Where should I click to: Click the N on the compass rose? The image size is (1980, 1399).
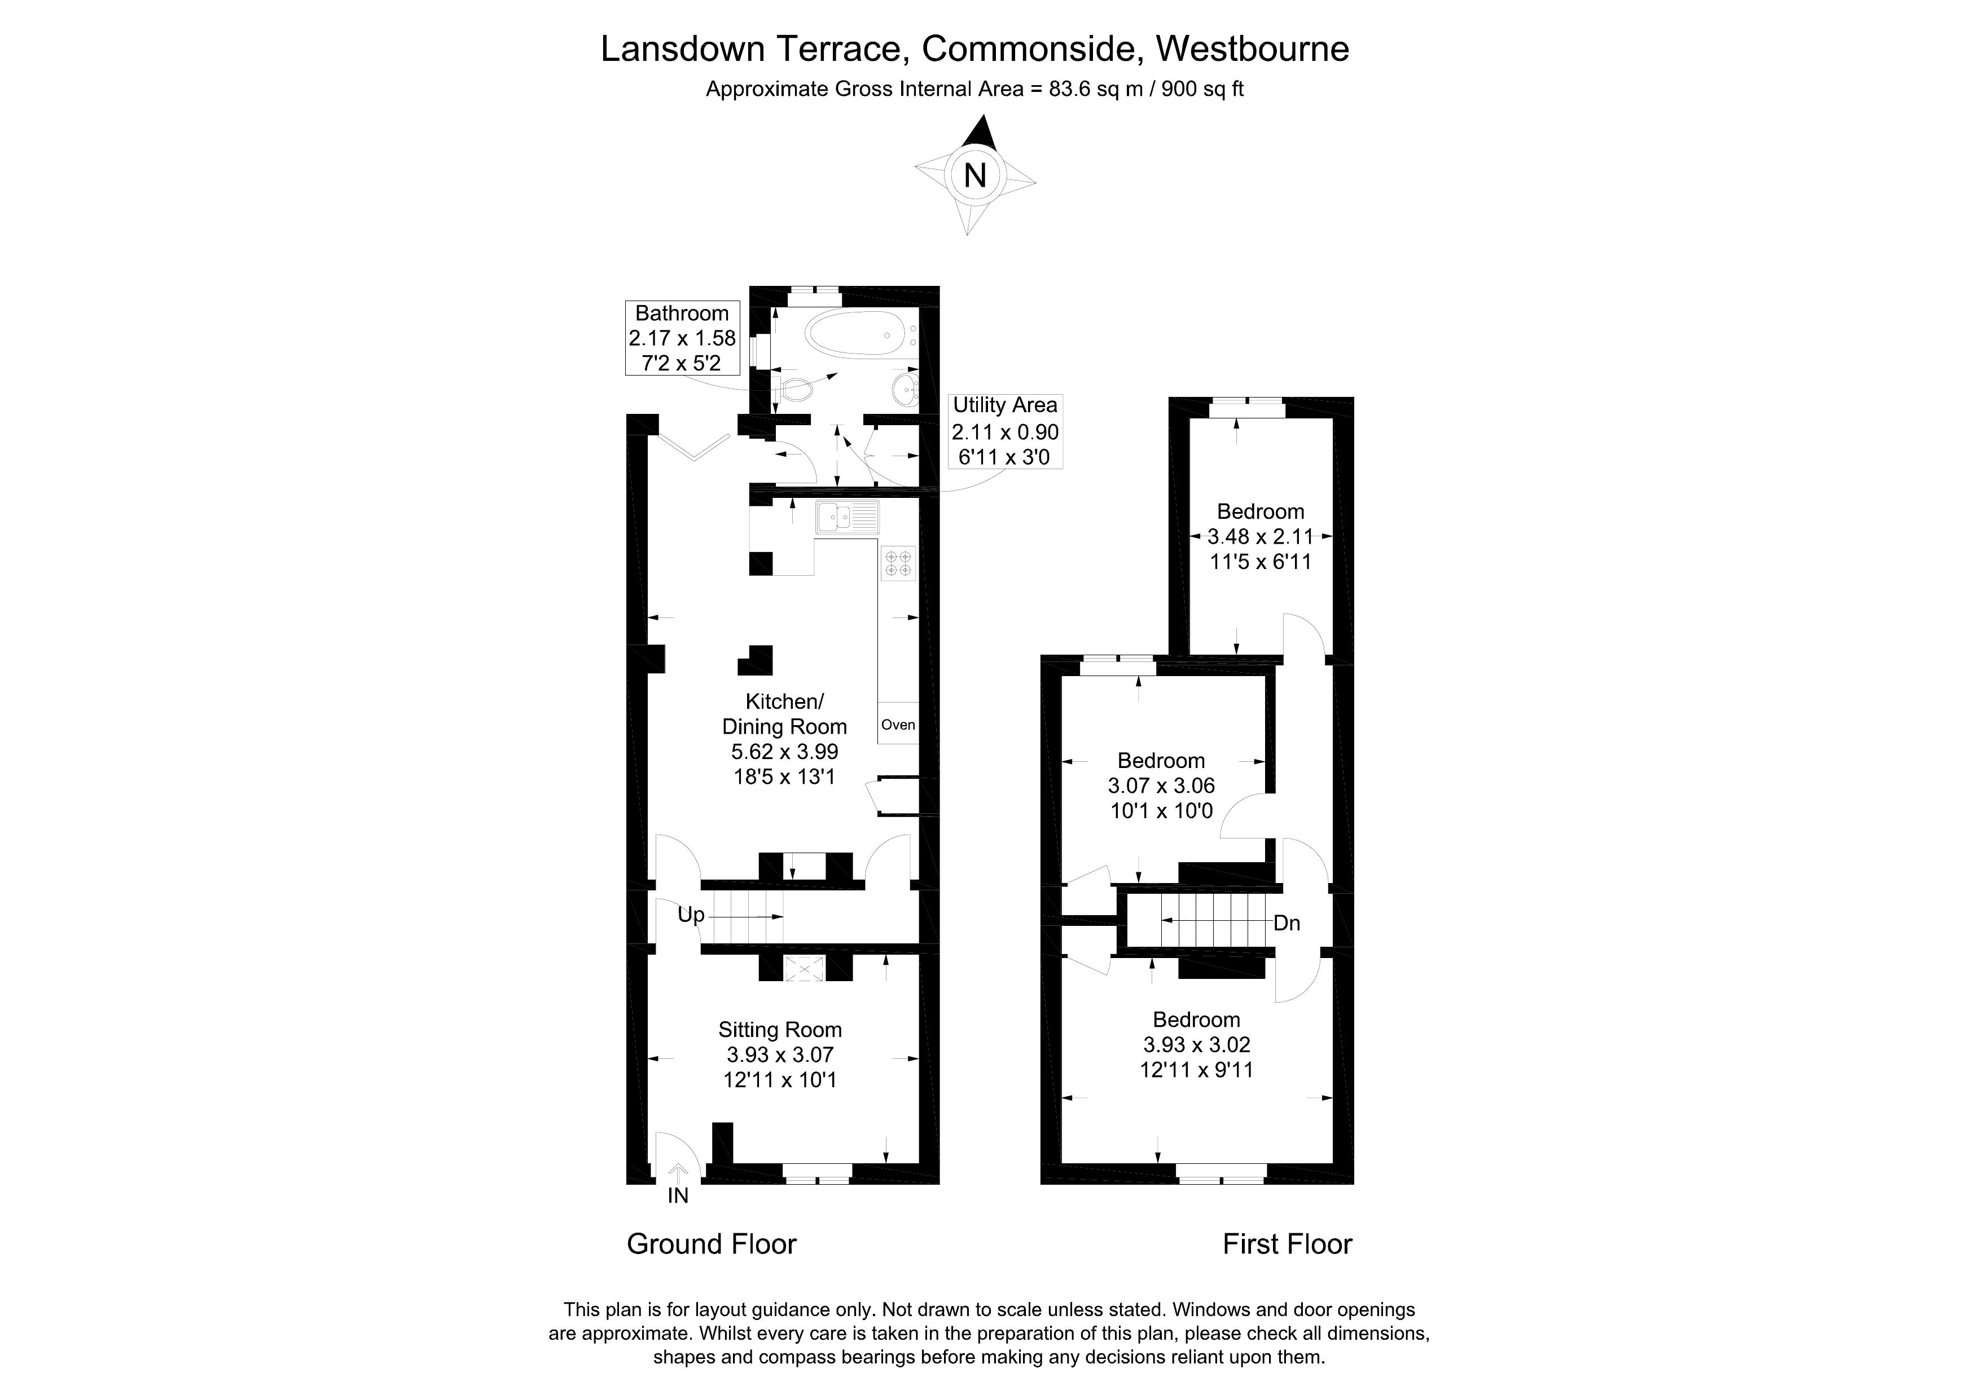tap(974, 176)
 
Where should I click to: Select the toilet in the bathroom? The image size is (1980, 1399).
tap(794, 390)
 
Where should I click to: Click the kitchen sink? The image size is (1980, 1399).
tap(847, 517)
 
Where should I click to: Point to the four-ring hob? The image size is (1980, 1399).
tap(898, 564)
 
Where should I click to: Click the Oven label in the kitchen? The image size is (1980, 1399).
tap(898, 725)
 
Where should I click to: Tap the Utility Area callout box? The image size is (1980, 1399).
tap(1004, 431)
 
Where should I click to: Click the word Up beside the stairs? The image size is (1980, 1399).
tap(691, 915)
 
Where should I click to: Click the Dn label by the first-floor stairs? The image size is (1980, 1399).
tap(1287, 923)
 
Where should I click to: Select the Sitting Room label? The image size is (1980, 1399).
tap(780, 1030)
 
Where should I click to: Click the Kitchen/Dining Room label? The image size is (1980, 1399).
tap(784, 714)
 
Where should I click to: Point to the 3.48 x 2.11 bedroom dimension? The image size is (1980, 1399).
tap(1260, 537)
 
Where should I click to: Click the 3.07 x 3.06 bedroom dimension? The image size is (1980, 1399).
tap(1161, 786)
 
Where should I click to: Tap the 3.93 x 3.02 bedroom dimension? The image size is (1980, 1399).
tap(1196, 1045)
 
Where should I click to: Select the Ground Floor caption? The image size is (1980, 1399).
tap(712, 1244)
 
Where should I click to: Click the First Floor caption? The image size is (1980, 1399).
tap(1287, 1244)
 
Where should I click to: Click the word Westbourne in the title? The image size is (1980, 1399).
tap(1252, 49)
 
